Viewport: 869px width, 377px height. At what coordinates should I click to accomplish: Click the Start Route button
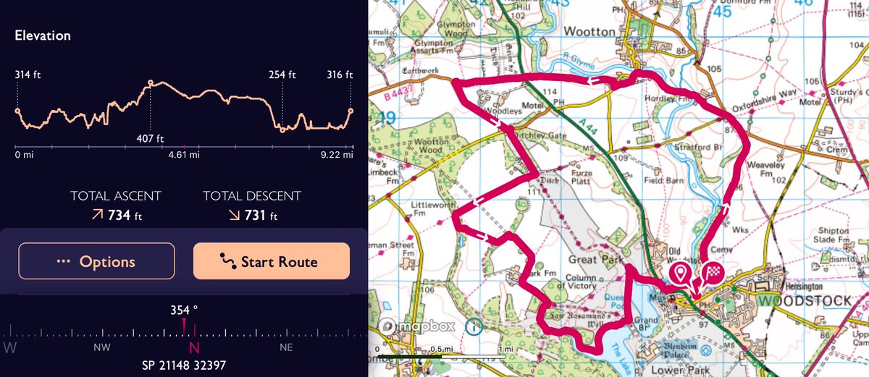tap(272, 261)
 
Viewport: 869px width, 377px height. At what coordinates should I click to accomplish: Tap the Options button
tap(96, 261)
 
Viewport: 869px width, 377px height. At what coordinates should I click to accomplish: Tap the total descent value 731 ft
tap(251, 215)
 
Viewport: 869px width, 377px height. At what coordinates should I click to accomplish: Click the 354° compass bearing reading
tap(184, 310)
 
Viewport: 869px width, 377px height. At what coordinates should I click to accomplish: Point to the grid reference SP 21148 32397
tap(184, 363)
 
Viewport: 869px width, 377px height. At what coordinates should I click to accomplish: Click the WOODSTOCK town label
tap(805, 300)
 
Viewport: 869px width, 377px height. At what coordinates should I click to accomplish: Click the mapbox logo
tap(419, 326)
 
